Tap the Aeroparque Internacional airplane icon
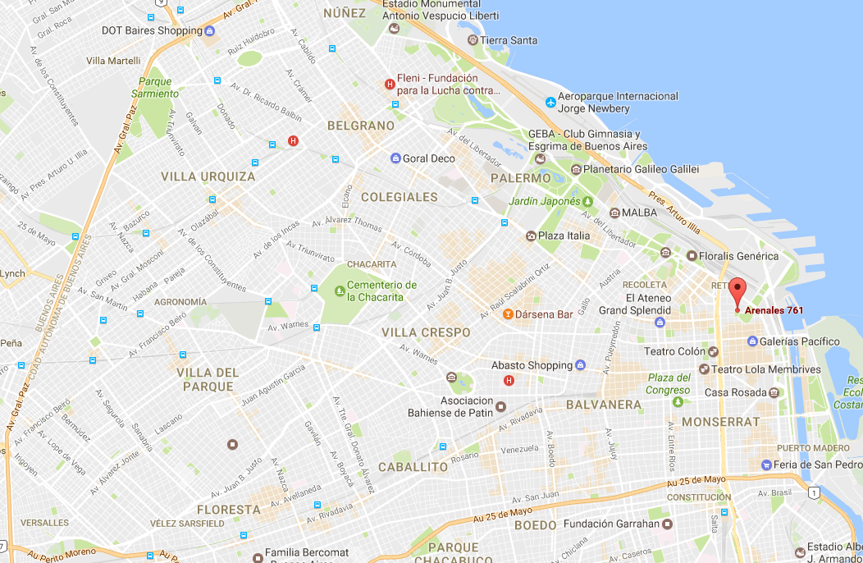pos(550,102)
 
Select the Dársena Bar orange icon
pos(508,314)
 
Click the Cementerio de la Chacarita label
pos(381,291)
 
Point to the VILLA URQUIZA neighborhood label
pos(208,176)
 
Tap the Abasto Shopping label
pos(532,365)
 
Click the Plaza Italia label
pos(564,236)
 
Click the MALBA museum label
pos(640,212)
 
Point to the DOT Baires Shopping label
pos(151,30)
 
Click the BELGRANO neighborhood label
pos(361,126)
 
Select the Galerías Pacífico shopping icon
pos(752,341)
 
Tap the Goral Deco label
pos(429,158)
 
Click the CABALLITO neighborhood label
pos(413,466)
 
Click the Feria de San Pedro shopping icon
pos(765,465)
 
